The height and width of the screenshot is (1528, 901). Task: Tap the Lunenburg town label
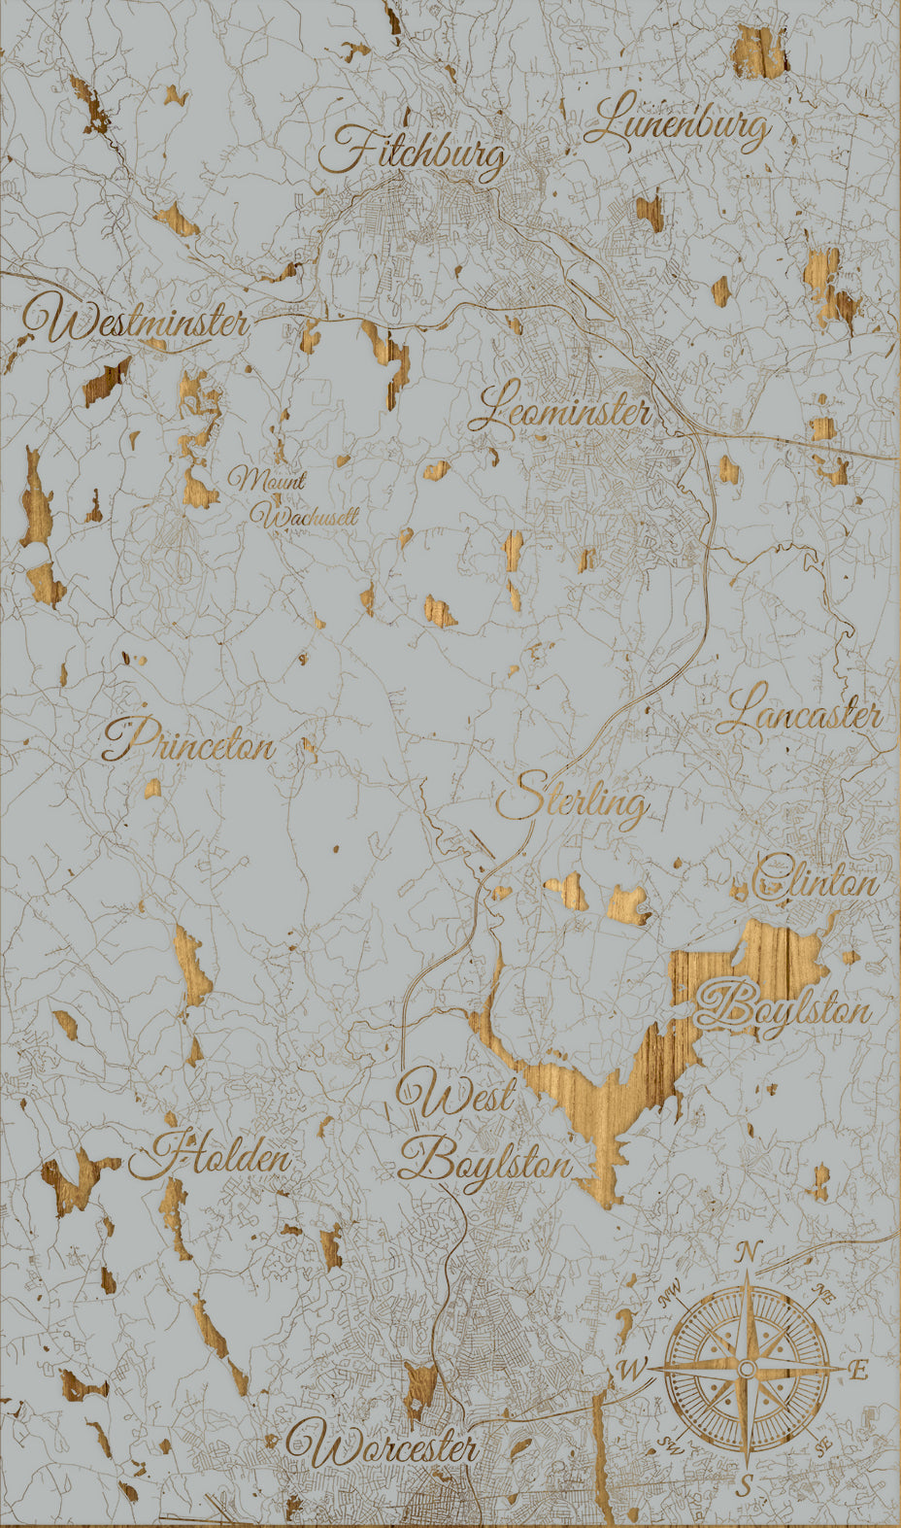coord(679,124)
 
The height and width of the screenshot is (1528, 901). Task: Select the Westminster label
coord(136,323)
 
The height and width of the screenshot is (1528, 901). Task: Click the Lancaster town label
coord(800,716)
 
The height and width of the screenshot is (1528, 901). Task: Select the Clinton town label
coord(816,880)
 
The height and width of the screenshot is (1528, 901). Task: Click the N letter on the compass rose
coord(746,1253)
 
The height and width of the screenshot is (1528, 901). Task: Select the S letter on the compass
coord(745,1484)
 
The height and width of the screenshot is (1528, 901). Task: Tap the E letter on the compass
coord(857,1370)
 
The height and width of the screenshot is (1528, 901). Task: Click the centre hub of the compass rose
coord(746,1369)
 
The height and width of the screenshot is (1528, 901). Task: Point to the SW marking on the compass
coord(668,1443)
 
